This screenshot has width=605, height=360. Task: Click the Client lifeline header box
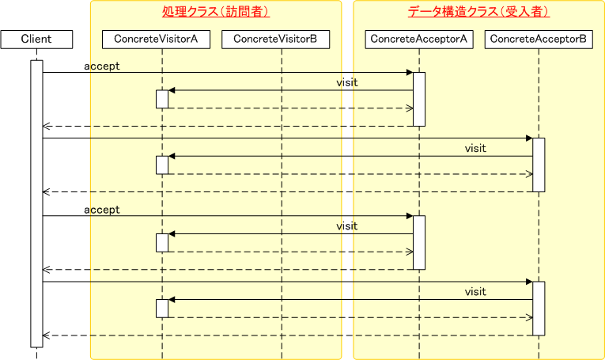[36, 39]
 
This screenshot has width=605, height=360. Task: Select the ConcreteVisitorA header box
[161, 39]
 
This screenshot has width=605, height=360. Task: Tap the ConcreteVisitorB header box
[282, 39]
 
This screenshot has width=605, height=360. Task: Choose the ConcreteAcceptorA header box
[419, 39]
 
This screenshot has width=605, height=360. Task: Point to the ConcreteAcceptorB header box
[539, 39]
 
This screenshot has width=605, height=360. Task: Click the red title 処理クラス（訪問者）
[216, 12]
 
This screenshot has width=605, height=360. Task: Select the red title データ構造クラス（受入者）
[478, 12]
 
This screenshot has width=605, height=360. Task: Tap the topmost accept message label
[102, 66]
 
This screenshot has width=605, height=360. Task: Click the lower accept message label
[102, 210]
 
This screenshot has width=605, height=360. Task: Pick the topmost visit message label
[346, 82]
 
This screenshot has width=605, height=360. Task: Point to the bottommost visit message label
[475, 292]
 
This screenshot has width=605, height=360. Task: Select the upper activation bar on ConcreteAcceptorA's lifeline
[419, 99]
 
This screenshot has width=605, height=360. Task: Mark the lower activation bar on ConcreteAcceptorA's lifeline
[419, 242]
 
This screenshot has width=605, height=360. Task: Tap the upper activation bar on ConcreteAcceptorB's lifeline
[539, 165]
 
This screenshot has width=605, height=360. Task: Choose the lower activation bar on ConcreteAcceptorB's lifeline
[539, 308]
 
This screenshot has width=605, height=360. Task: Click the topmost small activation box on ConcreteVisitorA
[161, 99]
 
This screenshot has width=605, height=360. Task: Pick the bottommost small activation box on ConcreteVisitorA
[161, 308]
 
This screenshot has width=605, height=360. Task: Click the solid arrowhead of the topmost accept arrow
[409, 73]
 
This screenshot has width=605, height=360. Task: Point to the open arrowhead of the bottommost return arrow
[46, 335]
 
